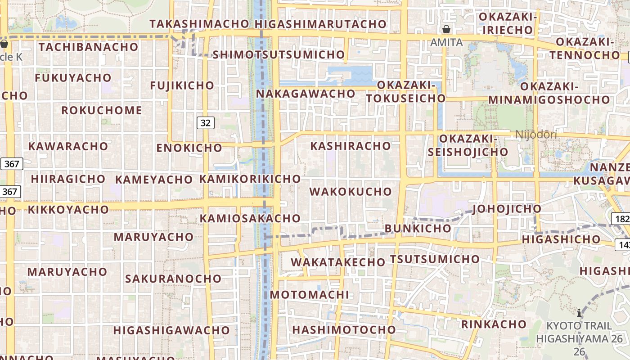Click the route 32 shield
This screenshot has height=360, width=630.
[205, 122]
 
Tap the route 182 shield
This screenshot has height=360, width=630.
[621, 219]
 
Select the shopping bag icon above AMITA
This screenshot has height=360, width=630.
[446, 30]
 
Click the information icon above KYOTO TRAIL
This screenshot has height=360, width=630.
[579, 313]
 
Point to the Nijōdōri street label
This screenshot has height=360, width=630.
[536, 135]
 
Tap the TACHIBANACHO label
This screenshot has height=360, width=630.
[88, 47]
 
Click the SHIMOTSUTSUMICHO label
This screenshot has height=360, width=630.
[278, 55]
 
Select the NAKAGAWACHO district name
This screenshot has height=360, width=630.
[306, 94]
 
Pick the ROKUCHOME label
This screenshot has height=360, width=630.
[102, 110]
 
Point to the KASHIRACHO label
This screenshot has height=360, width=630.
[351, 146]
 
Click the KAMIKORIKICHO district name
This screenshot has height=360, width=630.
[250, 179]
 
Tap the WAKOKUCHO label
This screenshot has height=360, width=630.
[351, 192]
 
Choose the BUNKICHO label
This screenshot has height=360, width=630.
[418, 228]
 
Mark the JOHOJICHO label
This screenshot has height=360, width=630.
[507, 209]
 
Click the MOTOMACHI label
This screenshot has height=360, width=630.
[310, 295]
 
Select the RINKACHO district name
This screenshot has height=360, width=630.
[494, 324]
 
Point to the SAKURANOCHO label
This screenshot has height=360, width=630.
[173, 279]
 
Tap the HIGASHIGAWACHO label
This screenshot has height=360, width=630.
[171, 330]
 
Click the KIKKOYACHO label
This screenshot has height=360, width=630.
[68, 209]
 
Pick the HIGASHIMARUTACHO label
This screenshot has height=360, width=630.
[320, 24]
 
